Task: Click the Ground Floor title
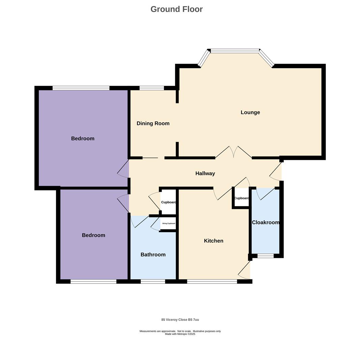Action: pos(176,9)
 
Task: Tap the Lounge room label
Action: pos(250,112)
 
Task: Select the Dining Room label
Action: pos(153,123)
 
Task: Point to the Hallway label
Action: pos(205,173)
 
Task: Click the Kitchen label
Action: pos(214,241)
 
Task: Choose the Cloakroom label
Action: pos(266,222)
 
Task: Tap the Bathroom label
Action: pos(153,254)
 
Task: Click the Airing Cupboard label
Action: pos(169,223)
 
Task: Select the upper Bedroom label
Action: pos(83,139)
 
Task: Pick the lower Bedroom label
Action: pos(93,235)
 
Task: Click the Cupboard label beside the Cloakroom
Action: pos(241,198)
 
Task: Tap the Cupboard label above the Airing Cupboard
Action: pos(168,202)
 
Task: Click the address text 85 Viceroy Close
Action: pos(180,320)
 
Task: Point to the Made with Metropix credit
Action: pos(180,334)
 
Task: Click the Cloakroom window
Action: pos(266,256)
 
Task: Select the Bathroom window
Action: pos(153,281)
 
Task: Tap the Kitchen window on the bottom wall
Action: pos(212,281)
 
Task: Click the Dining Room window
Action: pos(151,88)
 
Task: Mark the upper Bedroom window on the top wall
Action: pos(81,88)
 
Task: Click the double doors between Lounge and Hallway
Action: pos(233,153)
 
